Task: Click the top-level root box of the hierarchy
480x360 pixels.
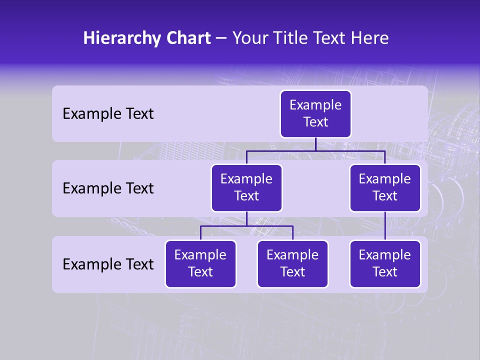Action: click(315, 114)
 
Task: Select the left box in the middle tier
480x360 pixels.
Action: click(246, 188)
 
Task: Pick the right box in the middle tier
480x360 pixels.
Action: click(385, 188)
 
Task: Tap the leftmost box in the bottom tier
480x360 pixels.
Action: click(200, 264)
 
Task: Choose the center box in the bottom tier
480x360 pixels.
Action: click(292, 264)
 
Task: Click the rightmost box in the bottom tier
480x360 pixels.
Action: click(385, 264)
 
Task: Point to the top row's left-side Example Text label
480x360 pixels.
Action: click(108, 114)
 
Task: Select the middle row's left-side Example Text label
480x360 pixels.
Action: click(108, 188)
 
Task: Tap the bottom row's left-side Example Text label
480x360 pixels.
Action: click(108, 264)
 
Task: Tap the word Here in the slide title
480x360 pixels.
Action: click(369, 38)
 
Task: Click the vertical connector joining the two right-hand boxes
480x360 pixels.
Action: click(385, 226)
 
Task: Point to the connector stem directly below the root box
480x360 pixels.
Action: click(315, 144)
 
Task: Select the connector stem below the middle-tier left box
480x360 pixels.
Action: click(246, 219)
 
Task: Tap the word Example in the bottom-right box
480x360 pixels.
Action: click(385, 255)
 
